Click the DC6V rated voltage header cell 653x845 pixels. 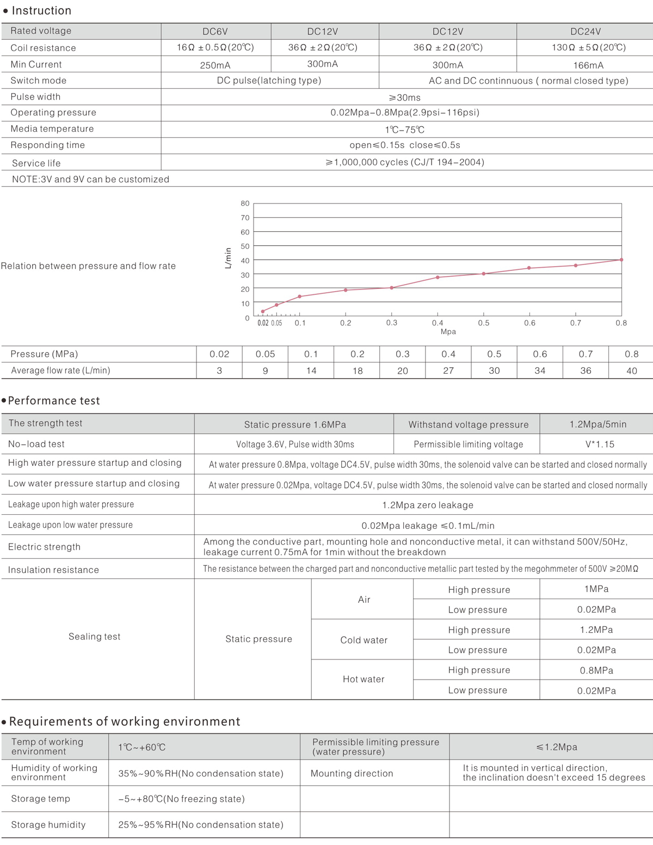pos(215,32)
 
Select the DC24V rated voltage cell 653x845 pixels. pos(586,32)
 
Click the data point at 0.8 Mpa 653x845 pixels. pos(621,260)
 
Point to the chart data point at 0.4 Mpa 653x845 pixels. pos(438,277)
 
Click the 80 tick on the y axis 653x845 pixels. pos(245,203)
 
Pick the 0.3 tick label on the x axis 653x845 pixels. pos(392,323)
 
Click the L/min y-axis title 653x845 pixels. pos(228,258)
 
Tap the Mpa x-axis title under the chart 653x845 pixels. pos(448,331)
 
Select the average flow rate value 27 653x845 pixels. pos(448,371)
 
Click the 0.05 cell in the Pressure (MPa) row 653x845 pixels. pos(266,354)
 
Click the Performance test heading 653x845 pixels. pos(54,401)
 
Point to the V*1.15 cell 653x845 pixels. pos(600,445)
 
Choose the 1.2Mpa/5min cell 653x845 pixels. pos(598,424)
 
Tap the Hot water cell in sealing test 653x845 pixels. pos(364,679)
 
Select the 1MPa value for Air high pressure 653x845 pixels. pos(596,589)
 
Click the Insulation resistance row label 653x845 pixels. pos(53,570)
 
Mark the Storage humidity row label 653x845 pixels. pos(48,825)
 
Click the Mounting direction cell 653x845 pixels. pos(352,773)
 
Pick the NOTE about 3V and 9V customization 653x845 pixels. pos(90,180)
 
